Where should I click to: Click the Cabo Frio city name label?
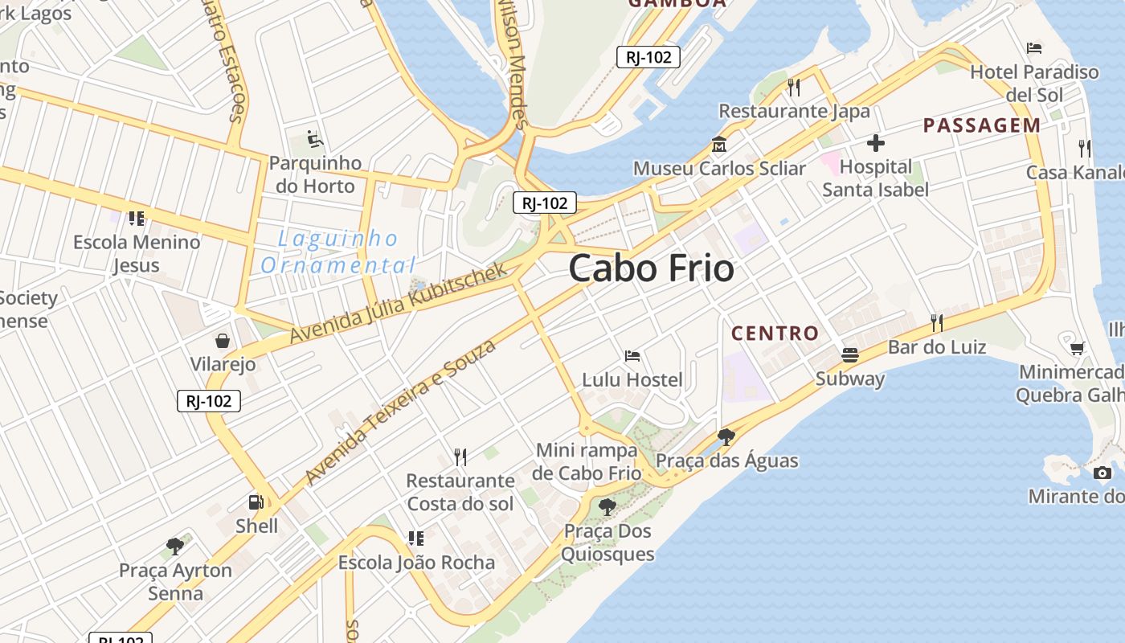pos(651,268)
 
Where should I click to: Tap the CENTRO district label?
pos(775,333)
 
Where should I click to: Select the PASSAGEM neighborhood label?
pos(981,125)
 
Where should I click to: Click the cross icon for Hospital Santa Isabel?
pos(875,144)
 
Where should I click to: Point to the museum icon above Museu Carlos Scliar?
pos(718,145)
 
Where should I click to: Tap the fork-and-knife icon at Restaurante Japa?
pos(794,87)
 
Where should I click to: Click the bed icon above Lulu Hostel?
pos(632,356)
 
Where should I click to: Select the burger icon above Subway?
pos(849,354)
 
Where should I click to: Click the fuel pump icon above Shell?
pos(256,503)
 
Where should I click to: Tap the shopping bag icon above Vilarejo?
pos(222,341)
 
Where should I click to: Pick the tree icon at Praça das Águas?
pos(726,437)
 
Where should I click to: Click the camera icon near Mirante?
pos(1102,473)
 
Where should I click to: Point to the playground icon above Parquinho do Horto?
pos(315,140)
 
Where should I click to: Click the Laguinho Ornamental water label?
pos(338,252)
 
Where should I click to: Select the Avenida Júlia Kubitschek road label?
pos(399,302)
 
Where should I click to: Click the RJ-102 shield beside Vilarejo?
pos(209,401)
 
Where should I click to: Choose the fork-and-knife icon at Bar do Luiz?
pos(936,323)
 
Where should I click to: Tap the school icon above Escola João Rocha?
pos(415,539)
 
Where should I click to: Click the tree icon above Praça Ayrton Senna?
pos(174,547)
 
